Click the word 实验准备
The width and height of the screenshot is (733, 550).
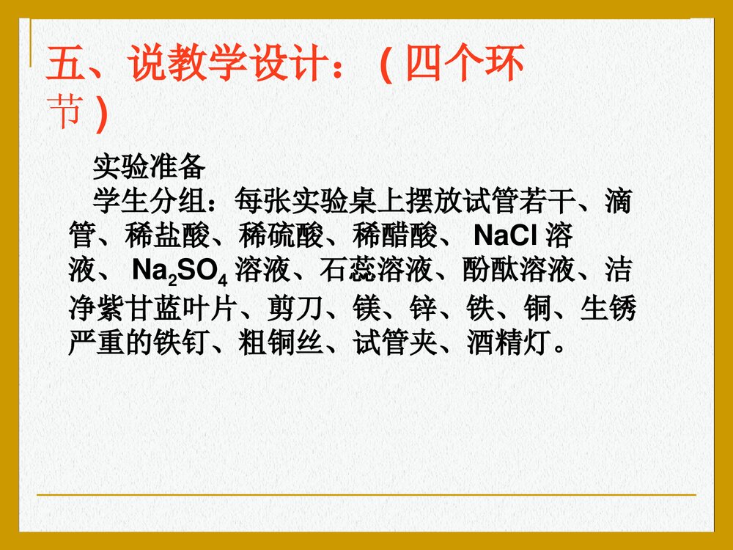149,169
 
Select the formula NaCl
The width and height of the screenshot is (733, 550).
506,236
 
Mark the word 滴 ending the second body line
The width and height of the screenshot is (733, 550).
619,201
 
